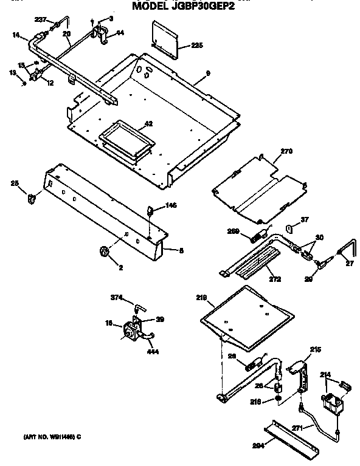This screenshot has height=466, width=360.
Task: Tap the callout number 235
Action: point(196,46)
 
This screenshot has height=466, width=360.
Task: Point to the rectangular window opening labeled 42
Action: point(125,140)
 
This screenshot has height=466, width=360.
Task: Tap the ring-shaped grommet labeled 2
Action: point(103,251)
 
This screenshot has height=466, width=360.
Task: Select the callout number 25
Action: point(15,183)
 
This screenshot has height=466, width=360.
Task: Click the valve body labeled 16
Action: point(130,331)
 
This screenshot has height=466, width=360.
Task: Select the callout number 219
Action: point(202,298)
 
